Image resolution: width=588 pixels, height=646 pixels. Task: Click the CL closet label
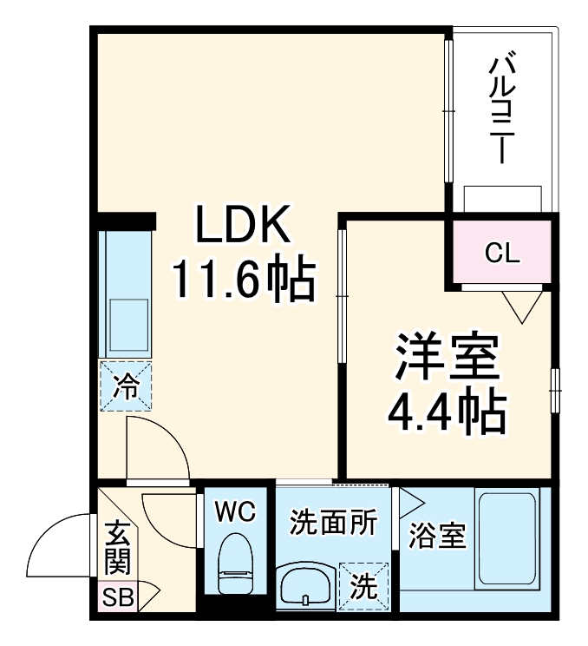point(501,254)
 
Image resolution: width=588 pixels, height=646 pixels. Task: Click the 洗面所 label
point(333,524)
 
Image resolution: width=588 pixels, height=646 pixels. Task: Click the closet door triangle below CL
point(522,305)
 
